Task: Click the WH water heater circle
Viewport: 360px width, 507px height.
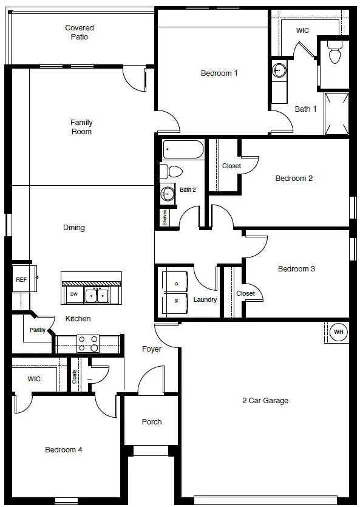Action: click(338, 332)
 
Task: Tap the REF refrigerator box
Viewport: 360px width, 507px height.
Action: click(21, 279)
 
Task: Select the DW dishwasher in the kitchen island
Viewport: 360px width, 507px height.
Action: click(74, 294)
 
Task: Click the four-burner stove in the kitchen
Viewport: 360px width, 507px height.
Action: click(88, 344)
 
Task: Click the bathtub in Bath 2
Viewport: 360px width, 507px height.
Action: click(183, 149)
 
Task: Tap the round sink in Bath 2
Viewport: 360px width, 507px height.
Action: click(168, 193)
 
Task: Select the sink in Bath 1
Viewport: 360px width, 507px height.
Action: click(279, 69)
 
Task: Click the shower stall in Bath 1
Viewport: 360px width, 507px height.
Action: click(336, 113)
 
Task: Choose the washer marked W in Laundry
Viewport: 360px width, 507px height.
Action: click(175, 304)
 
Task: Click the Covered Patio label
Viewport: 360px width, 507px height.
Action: click(80, 32)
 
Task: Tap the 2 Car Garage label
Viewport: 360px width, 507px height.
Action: click(265, 400)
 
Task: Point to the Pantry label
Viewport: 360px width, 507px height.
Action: click(38, 330)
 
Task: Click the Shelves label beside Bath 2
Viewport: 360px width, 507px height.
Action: click(165, 217)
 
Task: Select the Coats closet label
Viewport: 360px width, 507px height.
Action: click(74, 376)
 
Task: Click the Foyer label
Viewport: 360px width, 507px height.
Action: click(152, 349)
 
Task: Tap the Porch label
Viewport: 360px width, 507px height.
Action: click(152, 421)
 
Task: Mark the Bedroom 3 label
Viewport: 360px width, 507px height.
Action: click(296, 269)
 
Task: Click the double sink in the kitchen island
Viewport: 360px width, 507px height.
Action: click(97, 295)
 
